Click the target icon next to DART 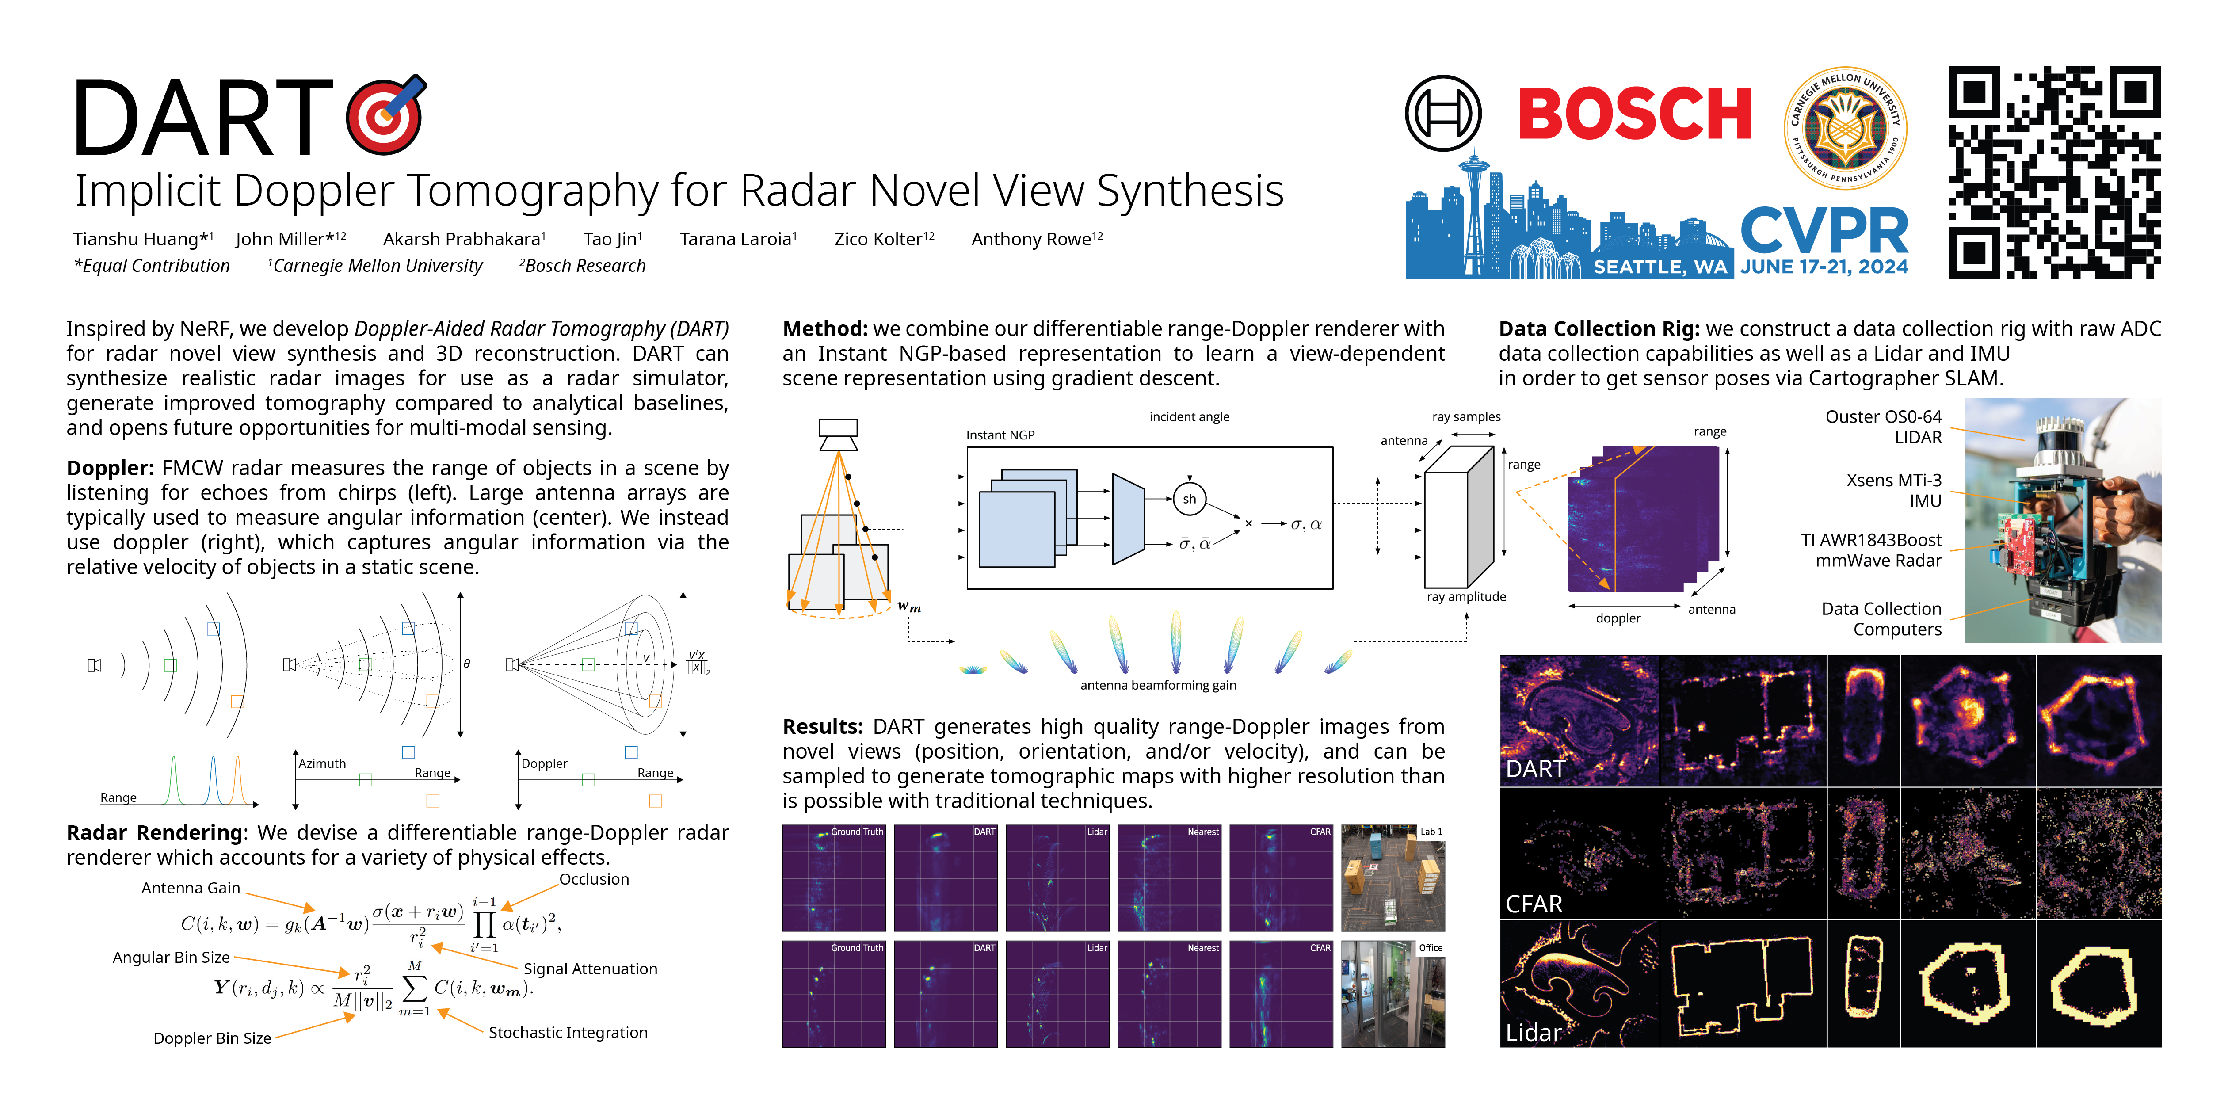tap(386, 114)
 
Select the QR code tap(2054, 172)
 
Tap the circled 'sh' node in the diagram tap(1189, 499)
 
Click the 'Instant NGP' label tap(1000, 435)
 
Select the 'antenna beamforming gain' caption tap(1158, 685)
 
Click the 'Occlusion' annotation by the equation tap(594, 879)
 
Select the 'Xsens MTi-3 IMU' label tap(1894, 490)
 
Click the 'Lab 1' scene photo tap(1392, 878)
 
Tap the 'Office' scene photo tap(1392, 994)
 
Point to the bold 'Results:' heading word tap(824, 726)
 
